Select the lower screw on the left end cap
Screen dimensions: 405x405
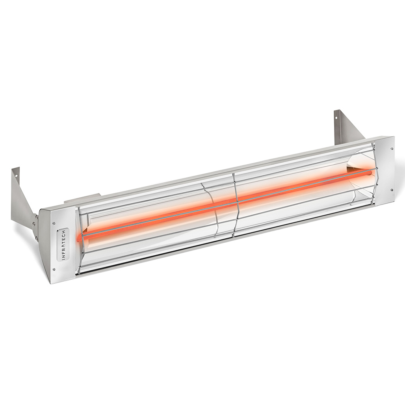click(54, 269)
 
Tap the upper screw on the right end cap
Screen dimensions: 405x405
click(391, 149)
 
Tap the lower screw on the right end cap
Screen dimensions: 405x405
click(391, 189)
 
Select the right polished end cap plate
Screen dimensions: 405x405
click(384, 169)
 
